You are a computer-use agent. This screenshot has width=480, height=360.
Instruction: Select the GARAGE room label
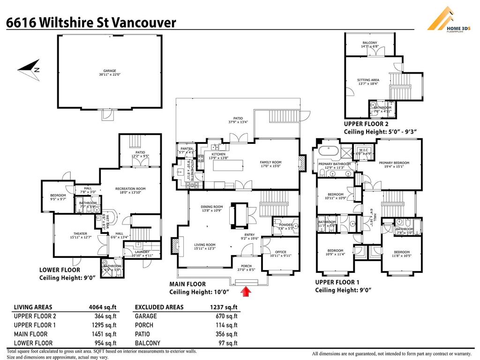(107, 71)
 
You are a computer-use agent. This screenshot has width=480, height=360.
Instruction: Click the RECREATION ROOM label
(130, 189)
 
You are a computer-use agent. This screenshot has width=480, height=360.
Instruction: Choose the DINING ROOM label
(211, 207)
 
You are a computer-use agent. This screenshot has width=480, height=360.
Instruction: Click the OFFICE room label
(281, 252)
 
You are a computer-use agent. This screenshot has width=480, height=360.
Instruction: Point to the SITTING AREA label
(368, 80)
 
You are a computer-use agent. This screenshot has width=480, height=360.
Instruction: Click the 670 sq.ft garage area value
(227, 316)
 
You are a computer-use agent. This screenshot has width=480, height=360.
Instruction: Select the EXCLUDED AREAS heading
(159, 307)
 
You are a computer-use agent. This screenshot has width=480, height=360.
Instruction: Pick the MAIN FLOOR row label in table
(30, 334)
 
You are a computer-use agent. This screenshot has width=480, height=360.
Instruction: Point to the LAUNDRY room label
(128, 252)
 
